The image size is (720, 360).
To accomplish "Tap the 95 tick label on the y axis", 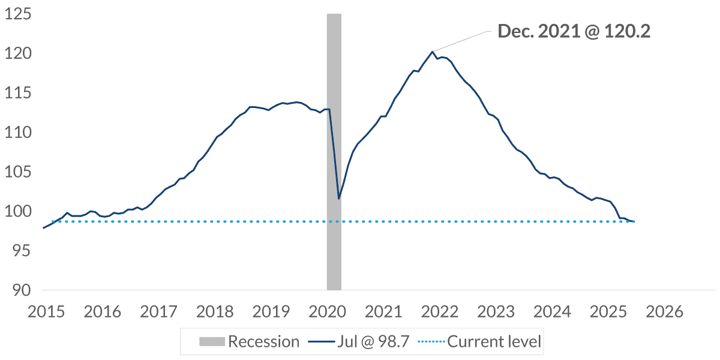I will point(20,251).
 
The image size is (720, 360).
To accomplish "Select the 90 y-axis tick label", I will point(20,290).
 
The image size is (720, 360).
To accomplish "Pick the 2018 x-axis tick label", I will point(214,312).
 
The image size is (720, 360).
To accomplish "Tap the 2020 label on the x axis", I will point(328,312).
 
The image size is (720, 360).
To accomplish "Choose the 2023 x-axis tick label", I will point(497,312).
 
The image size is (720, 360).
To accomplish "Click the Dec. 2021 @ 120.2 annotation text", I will point(574,31).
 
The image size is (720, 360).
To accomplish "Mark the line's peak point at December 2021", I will point(432,52).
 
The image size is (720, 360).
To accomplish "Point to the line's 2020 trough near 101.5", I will point(339,199).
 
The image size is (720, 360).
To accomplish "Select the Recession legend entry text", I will point(264,342).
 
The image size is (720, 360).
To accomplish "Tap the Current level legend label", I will point(494,342).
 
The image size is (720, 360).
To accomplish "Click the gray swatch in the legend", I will point(212,342).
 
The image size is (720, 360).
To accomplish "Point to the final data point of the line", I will point(634,221).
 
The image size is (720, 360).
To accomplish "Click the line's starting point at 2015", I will point(44,227).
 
